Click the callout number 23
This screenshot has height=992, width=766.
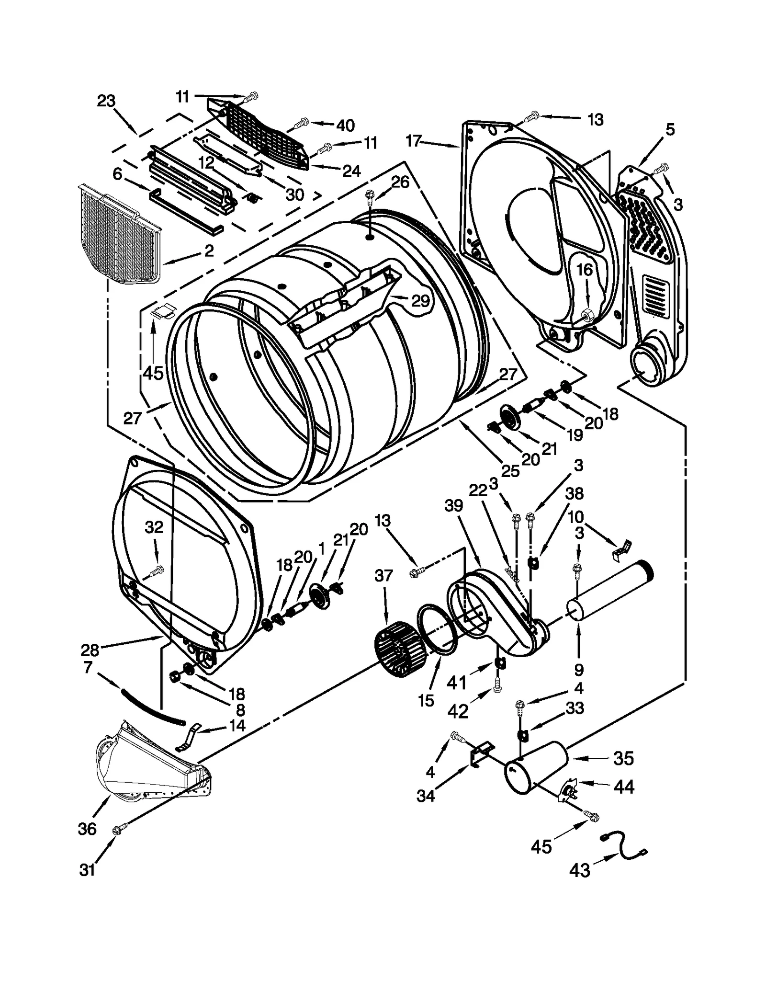point(106,101)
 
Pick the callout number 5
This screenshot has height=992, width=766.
point(669,129)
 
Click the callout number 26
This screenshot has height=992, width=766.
point(400,182)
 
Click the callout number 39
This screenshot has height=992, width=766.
point(453,506)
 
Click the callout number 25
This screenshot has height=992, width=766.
point(510,470)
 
